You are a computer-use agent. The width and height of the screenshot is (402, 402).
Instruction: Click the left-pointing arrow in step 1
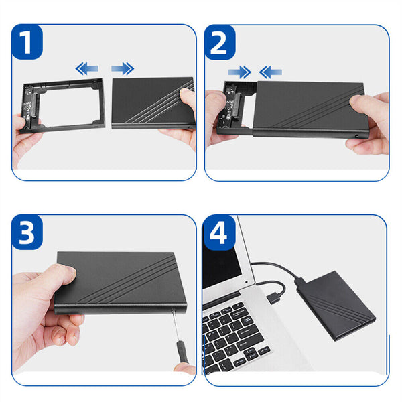tap(86, 68)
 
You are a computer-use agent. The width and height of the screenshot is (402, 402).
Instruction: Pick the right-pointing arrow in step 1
tap(122, 68)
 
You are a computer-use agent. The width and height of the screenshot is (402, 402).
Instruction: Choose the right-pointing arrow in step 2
tap(239, 72)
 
